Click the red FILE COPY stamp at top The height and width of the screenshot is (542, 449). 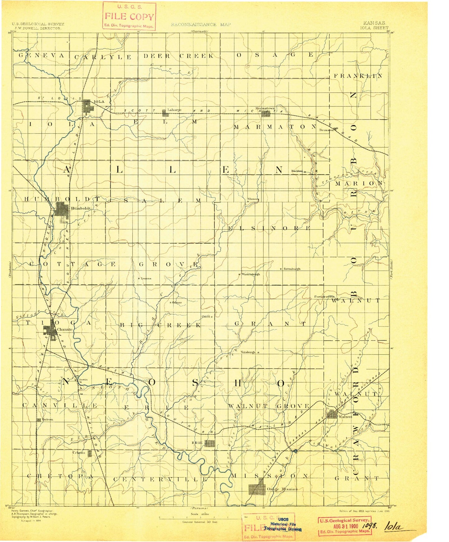pyautogui.click(x=129, y=16)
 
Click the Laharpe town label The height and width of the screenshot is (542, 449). pyautogui.click(x=174, y=110)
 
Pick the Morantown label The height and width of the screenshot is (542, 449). pyautogui.click(x=265, y=108)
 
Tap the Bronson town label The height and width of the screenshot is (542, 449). pyautogui.click(x=326, y=130)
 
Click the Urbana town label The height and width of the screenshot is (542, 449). pyautogui.click(x=79, y=453)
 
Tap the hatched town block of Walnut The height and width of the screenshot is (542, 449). pyautogui.click(x=332, y=414)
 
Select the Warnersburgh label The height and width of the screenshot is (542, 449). pyautogui.click(x=250, y=274)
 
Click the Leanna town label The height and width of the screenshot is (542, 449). pyautogui.click(x=146, y=278)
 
